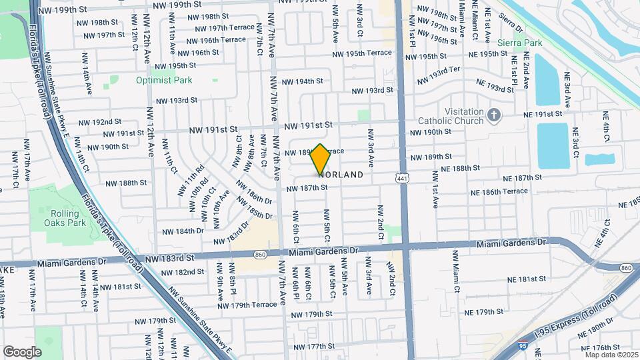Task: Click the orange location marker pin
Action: pos(320,159)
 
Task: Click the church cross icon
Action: pos(494,115)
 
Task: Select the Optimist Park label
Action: pos(164,80)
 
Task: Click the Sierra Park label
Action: pos(524,43)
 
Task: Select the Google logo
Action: pos(22,351)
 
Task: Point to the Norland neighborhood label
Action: pos(341,175)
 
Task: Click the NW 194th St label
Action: pos(302,81)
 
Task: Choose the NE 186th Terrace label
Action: pos(499,191)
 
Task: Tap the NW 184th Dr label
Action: pos(185,231)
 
